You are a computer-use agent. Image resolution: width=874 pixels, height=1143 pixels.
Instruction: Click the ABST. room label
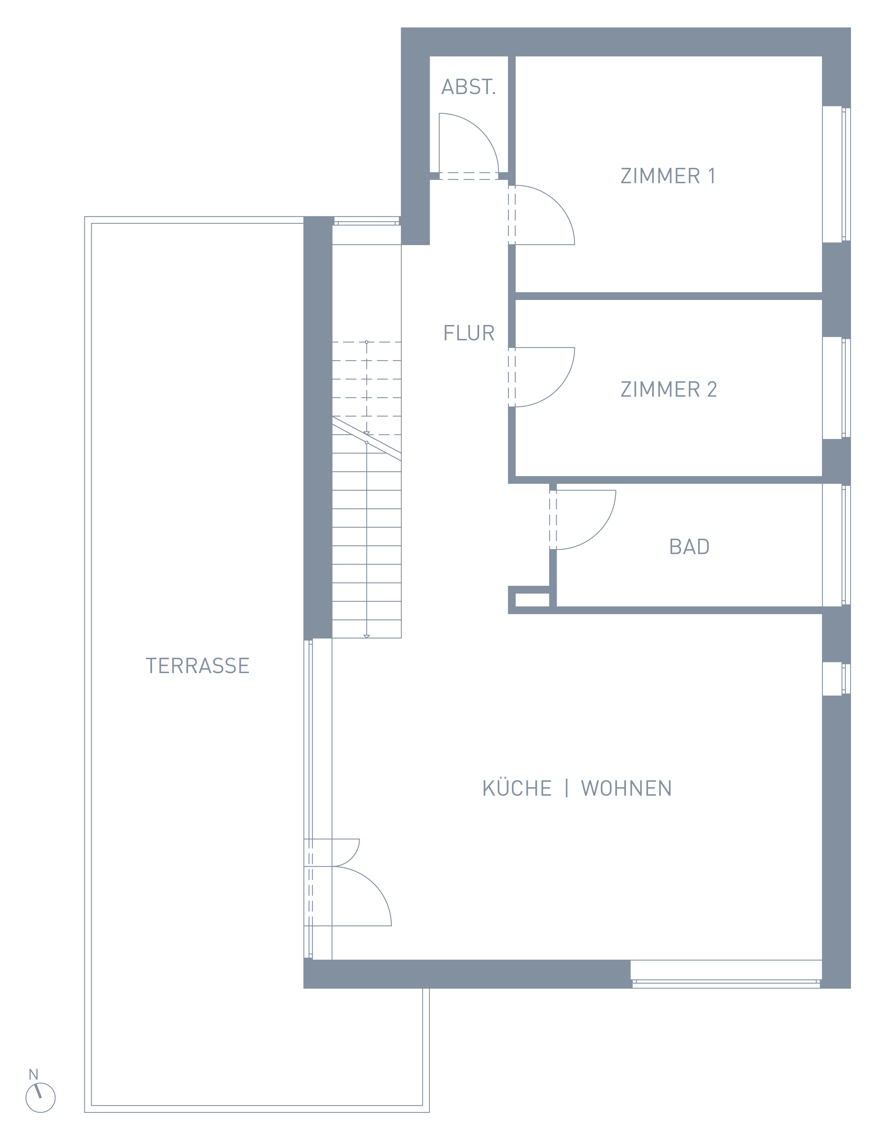click(x=468, y=87)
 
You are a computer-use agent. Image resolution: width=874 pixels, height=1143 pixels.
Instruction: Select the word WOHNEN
click(x=626, y=788)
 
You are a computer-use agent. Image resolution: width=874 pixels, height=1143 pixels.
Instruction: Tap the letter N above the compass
click(x=33, y=1074)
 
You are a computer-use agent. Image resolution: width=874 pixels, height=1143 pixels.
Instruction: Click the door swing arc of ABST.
click(x=481, y=131)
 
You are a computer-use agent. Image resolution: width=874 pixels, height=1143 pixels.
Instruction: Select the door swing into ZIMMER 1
click(x=557, y=203)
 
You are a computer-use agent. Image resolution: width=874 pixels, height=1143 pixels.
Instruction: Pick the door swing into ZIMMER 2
click(x=557, y=389)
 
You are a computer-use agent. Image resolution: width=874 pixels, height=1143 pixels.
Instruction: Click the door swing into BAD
click(x=598, y=532)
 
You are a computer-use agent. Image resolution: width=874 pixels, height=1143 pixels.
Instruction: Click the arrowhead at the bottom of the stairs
click(x=367, y=636)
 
